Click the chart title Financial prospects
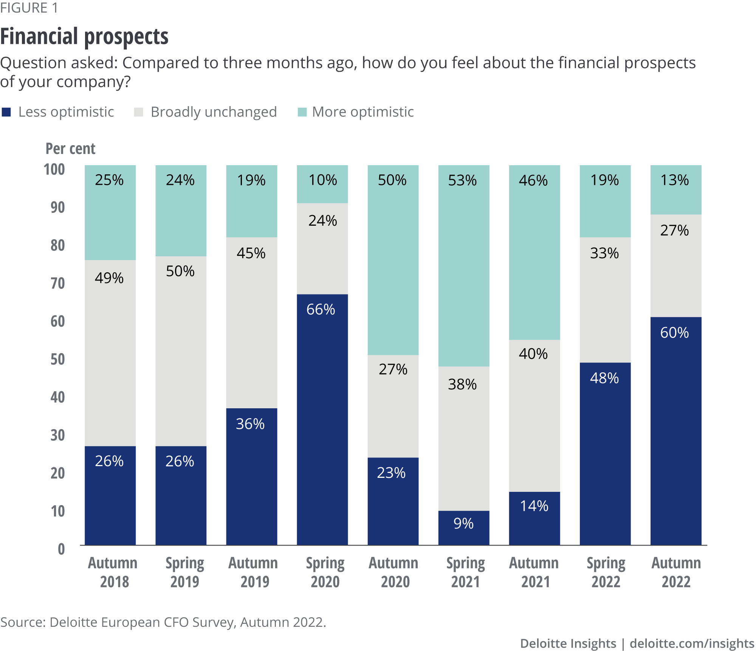click(84, 37)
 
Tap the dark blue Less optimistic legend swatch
click(6, 112)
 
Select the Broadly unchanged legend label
click(214, 112)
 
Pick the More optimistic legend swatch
click(302, 112)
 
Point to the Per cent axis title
click(70, 149)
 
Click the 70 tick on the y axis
click(58, 283)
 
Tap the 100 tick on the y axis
click(54, 169)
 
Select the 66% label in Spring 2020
click(321, 310)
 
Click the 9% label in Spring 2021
click(463, 524)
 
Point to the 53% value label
click(462, 181)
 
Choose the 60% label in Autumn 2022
click(674, 333)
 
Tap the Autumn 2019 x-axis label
click(253, 572)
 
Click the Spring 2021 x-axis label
click(465, 572)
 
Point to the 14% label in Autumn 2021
click(534, 506)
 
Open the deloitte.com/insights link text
click(692, 643)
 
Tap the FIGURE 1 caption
click(29, 8)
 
